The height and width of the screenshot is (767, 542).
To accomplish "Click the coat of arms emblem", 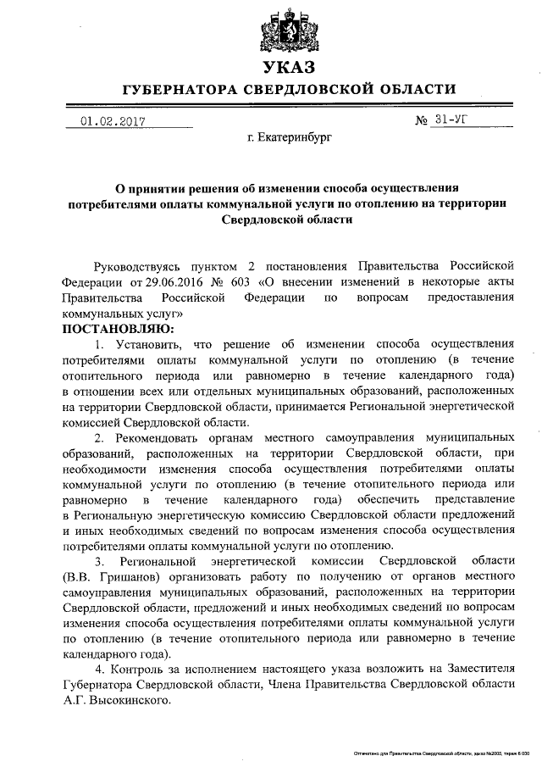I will tap(288, 31).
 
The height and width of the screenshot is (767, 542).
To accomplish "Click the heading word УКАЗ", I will tap(288, 68).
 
